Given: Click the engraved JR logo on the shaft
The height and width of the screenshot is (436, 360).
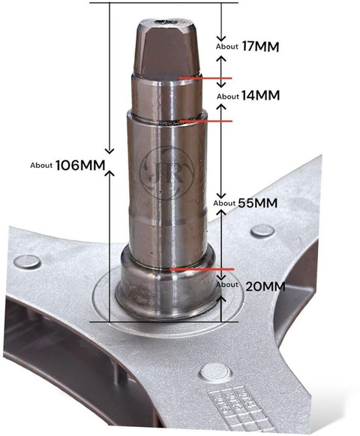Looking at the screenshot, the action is tap(166, 173).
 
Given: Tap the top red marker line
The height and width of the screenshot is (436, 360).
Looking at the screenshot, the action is tap(205, 78).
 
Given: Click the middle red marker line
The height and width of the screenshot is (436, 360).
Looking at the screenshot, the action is tap(206, 121).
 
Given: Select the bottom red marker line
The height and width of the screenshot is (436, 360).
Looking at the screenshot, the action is tap(202, 270).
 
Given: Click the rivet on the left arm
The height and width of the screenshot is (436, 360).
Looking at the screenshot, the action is tap(27, 262).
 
